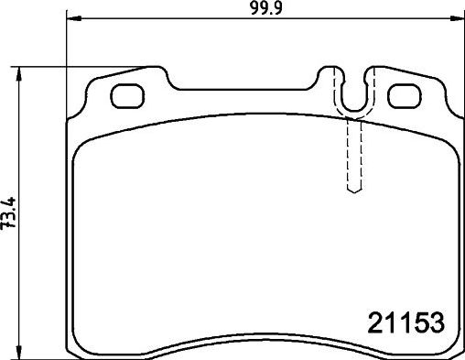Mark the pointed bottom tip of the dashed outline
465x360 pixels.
point(353,192)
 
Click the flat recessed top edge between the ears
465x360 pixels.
point(247,90)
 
